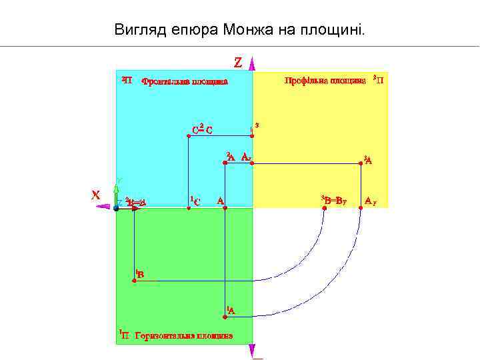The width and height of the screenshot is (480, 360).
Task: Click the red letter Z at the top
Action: pyautogui.click(x=238, y=62)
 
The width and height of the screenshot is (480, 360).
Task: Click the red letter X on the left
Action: pyautogui.click(x=96, y=195)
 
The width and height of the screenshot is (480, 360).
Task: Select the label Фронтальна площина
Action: pyautogui.click(x=185, y=82)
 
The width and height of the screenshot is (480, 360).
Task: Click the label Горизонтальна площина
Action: pyautogui.click(x=183, y=335)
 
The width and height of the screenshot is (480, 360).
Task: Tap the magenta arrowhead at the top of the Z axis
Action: pyautogui.click(x=253, y=63)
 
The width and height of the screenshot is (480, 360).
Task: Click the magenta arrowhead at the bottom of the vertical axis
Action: pyautogui.click(x=253, y=351)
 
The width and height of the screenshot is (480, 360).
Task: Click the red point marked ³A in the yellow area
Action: pyautogui.click(x=361, y=163)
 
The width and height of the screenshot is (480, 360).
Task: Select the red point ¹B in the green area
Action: pyautogui.click(x=135, y=281)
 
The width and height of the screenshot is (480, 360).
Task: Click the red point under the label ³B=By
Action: pyautogui.click(x=324, y=208)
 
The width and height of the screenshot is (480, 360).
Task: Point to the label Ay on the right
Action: pyautogui.click(x=371, y=199)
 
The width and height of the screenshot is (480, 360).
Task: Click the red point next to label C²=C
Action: pyautogui.click(x=189, y=136)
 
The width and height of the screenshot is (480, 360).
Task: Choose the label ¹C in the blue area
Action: pyautogui.click(x=195, y=201)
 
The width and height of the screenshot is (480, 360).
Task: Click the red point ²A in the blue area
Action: pyautogui.click(x=225, y=163)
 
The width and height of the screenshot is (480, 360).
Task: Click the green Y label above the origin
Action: pyautogui.click(x=118, y=181)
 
